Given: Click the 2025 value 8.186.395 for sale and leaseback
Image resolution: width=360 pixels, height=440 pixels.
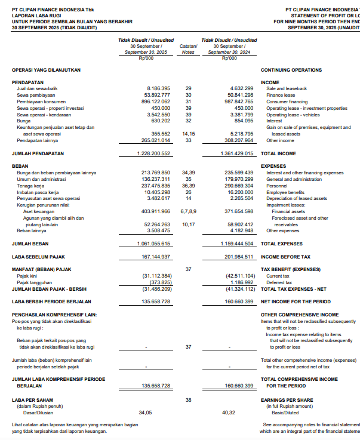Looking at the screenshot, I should pyautogui.click(x=158, y=88).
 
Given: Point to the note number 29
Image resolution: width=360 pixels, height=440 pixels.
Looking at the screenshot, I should pyautogui.click(x=189, y=88).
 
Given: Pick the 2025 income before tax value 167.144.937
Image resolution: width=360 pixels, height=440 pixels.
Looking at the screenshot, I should pyautogui.click(x=156, y=257).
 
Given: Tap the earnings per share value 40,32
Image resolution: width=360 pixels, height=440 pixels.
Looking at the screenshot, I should pyautogui.click(x=228, y=413).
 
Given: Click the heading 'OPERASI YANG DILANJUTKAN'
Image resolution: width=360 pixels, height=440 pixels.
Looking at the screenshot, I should pyautogui.click(x=46, y=70).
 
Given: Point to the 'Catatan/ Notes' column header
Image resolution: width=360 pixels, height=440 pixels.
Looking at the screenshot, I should pyautogui.click(x=189, y=49).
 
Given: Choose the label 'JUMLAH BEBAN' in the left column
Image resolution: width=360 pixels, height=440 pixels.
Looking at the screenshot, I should pyautogui.click(x=30, y=244).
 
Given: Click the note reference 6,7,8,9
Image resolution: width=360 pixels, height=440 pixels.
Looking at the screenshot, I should pyautogui.click(x=189, y=211).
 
